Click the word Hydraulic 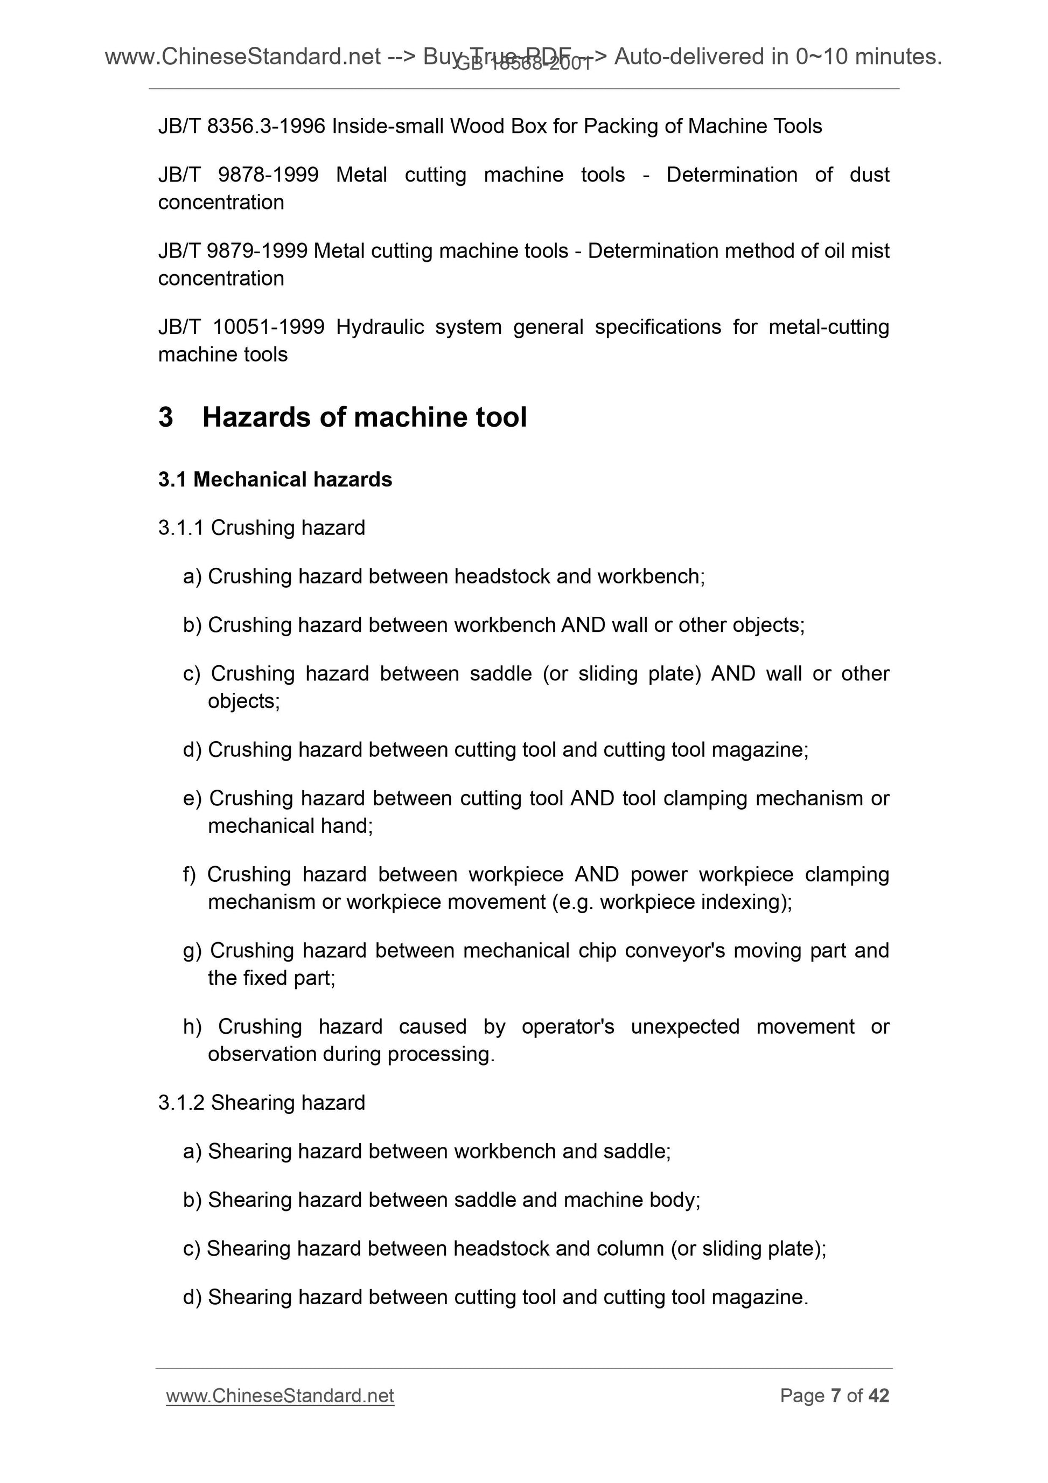point(380,328)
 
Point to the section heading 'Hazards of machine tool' point(364,417)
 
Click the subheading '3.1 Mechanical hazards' point(275,480)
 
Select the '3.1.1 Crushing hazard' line point(262,528)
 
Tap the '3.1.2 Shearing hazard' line point(262,1103)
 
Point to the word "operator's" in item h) point(568,1026)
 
